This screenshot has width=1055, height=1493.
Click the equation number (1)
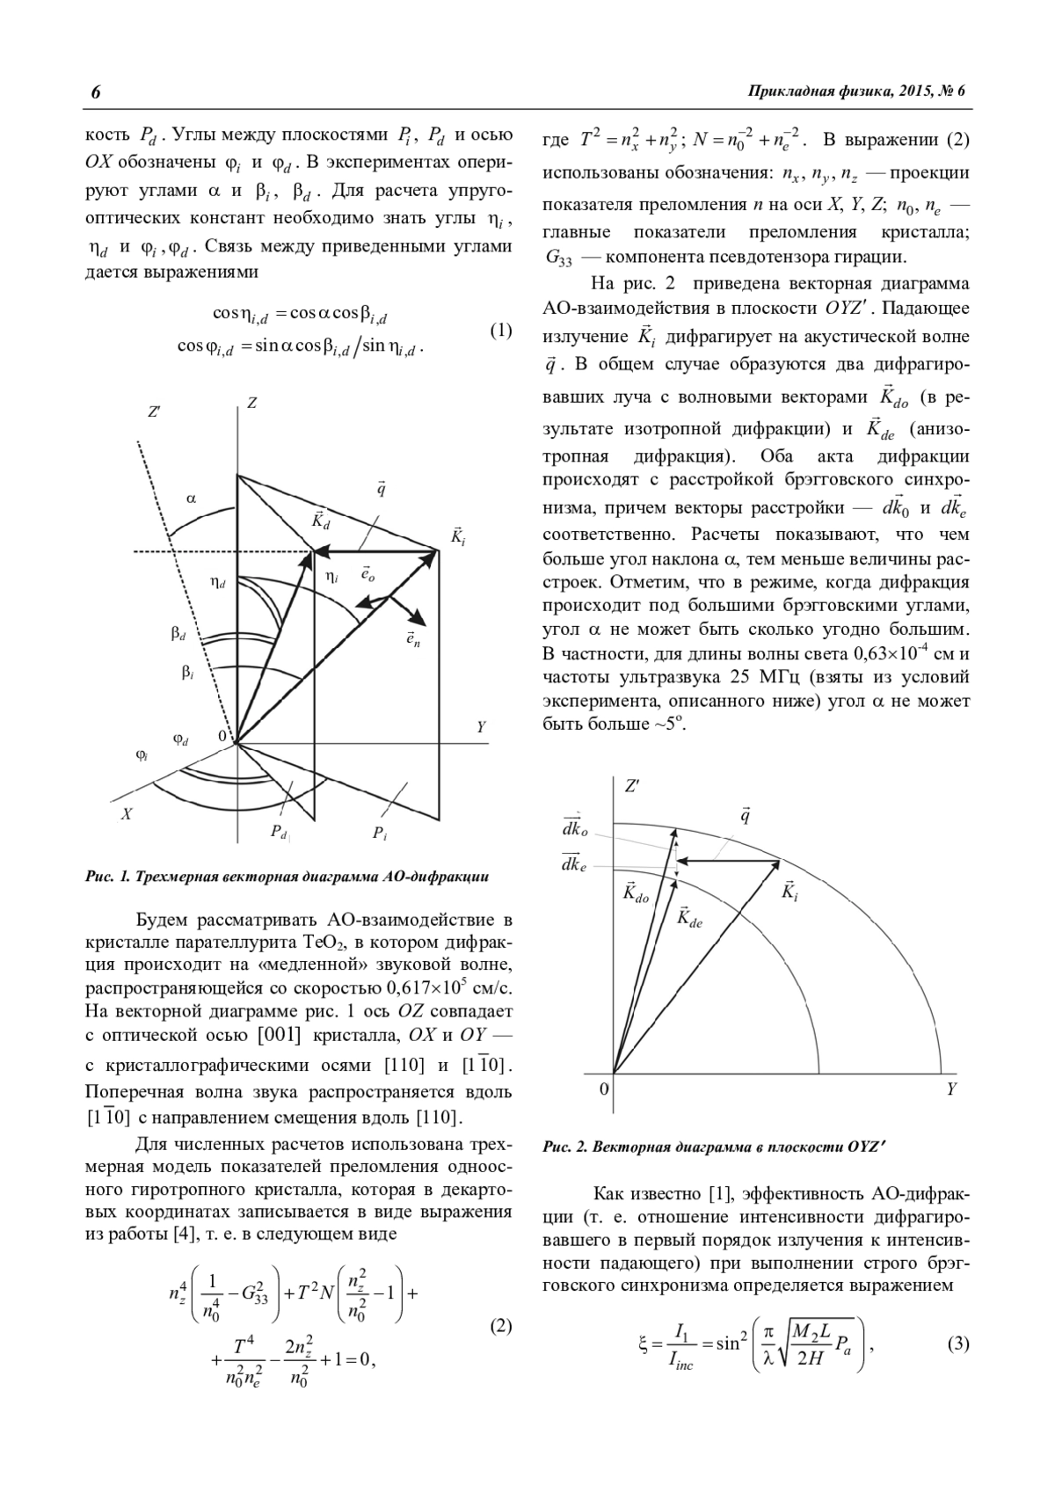(500, 331)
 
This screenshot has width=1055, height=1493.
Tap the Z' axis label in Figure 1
(155, 411)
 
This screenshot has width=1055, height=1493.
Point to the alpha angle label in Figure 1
(192, 499)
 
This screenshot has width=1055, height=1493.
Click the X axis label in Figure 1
(127, 814)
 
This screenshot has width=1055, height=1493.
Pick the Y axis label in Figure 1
(481, 728)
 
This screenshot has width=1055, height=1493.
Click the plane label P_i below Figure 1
(379, 833)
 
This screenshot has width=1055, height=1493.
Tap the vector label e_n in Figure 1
(412, 638)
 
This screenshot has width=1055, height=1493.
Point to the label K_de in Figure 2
(690, 917)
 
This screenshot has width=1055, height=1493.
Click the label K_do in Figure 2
(635, 892)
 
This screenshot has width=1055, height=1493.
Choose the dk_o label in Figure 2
(575, 827)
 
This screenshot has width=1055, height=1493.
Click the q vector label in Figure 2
(745, 816)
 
